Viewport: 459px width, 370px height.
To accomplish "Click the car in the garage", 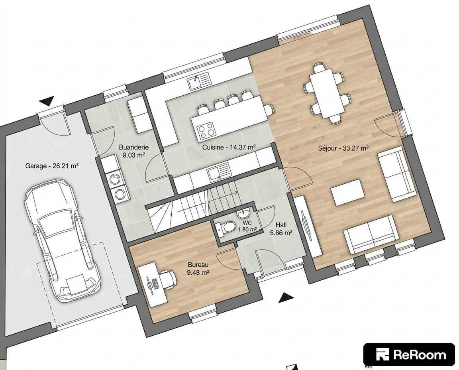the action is point(62,240).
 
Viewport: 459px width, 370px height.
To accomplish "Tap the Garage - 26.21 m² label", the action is point(52,166).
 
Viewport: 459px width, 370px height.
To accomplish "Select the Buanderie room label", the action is point(134,151).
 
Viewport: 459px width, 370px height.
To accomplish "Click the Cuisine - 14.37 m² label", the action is point(229,147).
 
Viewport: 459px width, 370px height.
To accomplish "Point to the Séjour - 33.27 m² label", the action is point(343,149).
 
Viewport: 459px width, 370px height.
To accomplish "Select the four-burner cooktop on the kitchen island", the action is point(206,131).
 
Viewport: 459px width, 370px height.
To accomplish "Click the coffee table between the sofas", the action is point(348,193).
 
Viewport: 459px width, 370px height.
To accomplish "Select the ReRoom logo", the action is point(409,354).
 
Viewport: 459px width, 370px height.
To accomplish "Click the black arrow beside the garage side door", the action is point(47,100).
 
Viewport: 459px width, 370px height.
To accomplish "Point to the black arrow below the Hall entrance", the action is point(286,298).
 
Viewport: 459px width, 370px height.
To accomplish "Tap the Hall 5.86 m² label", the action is point(281,229).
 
